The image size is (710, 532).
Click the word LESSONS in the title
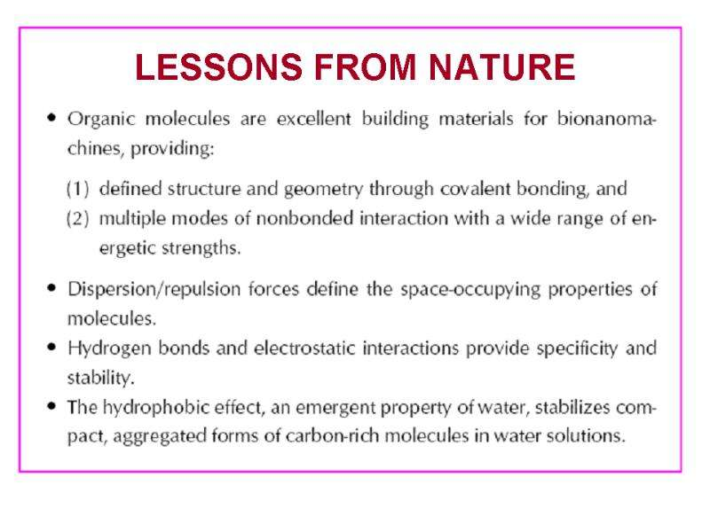pos(218,67)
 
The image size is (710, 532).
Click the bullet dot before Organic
pos(51,118)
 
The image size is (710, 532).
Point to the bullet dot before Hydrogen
pos(51,347)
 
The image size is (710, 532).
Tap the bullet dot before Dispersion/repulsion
pos(51,287)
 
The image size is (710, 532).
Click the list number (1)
pos(77,189)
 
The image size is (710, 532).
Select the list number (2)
pos(77,219)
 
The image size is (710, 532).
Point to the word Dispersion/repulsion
pos(154,289)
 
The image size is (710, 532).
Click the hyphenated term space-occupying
pos(470,290)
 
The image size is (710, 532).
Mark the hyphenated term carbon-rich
pos(332,435)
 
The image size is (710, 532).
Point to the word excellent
pos(314,119)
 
